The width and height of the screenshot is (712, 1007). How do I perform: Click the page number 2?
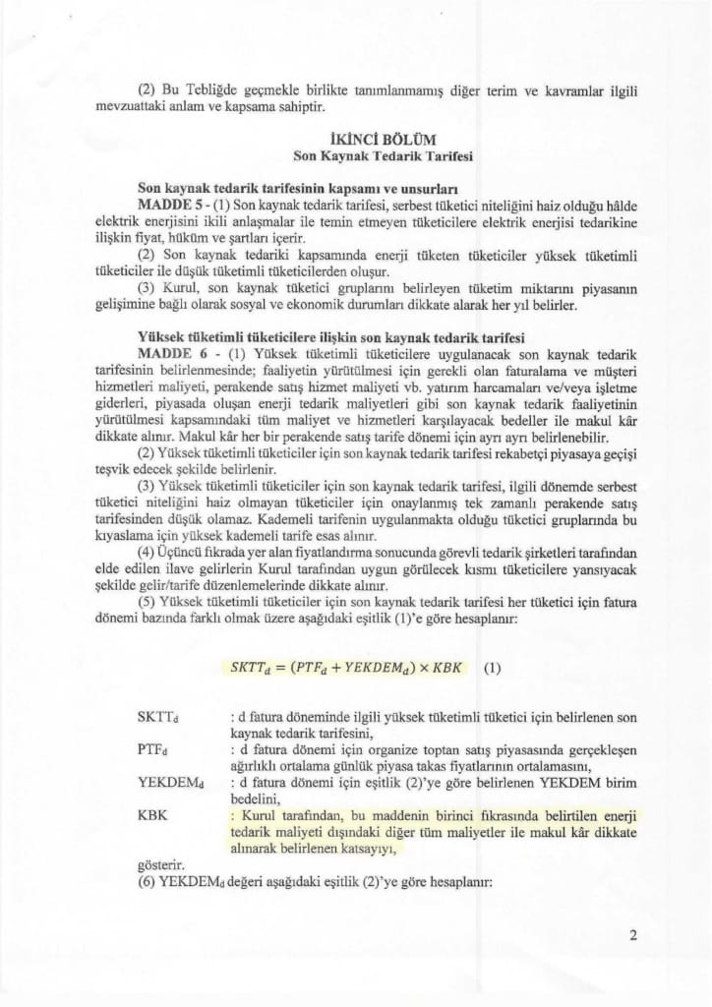point(633,935)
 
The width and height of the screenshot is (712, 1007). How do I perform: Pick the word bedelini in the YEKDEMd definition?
point(250,800)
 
